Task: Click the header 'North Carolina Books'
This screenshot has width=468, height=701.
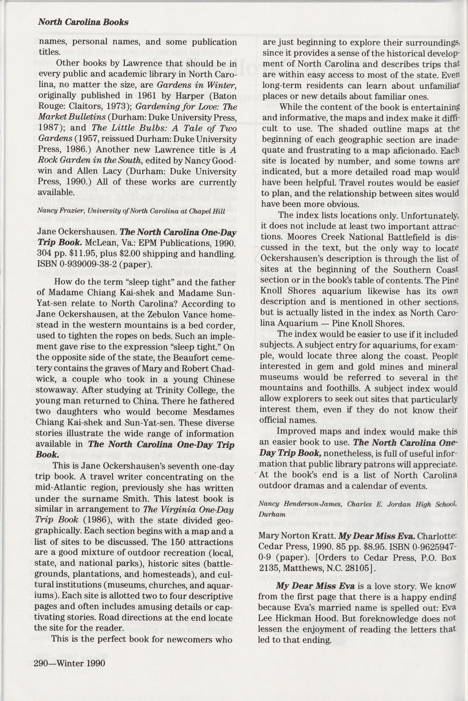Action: pos(83,22)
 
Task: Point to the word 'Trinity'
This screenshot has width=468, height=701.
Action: pos(159,390)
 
